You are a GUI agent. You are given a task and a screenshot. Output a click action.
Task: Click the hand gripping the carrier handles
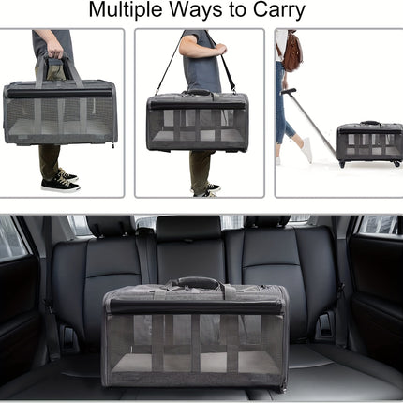click(x=53, y=46)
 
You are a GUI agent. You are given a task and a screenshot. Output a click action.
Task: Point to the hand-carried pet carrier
click(x=59, y=112)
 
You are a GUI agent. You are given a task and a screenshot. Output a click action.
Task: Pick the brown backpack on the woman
click(x=292, y=52)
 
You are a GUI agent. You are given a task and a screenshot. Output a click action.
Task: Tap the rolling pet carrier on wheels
click(x=369, y=142)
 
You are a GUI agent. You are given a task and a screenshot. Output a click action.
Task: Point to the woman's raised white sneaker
click(x=306, y=149)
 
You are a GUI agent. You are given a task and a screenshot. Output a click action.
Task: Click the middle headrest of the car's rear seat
click(x=187, y=229)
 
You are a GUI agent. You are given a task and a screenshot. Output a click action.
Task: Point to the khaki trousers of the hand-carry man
click(x=50, y=159)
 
